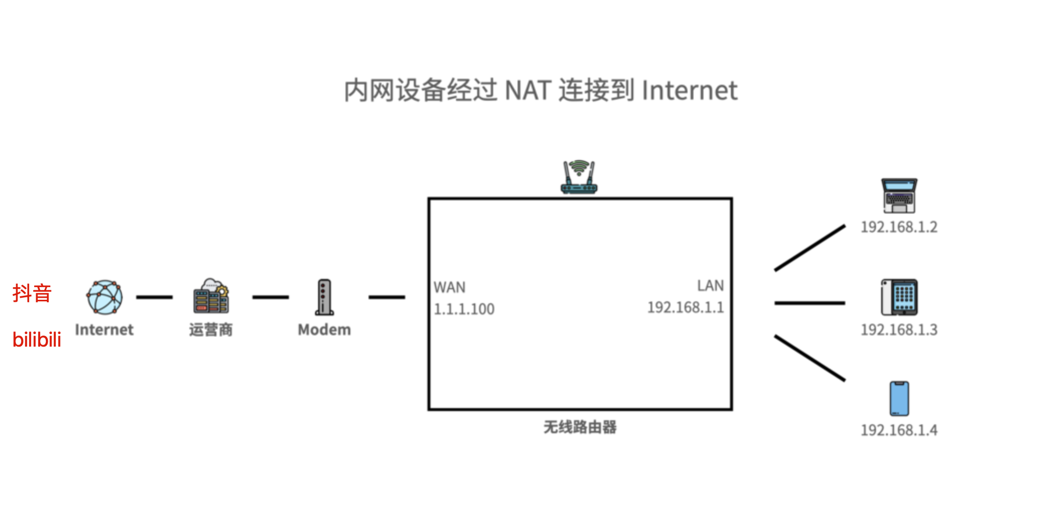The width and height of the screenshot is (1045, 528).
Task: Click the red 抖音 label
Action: [x=32, y=293]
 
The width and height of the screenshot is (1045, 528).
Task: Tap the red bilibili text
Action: [x=37, y=340]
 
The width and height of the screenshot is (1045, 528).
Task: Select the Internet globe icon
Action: [x=104, y=297]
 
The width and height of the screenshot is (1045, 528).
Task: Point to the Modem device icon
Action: [x=324, y=297]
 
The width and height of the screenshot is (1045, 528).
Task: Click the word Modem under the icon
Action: [x=324, y=329]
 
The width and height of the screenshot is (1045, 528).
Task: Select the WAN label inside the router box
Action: [x=450, y=287]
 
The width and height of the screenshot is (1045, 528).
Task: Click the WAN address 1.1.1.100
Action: [x=464, y=309]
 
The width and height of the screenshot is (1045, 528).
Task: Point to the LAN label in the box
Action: [x=710, y=286]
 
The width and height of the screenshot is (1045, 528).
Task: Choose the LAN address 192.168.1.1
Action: [x=685, y=307]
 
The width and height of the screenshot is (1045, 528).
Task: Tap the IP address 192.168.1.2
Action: [x=899, y=227]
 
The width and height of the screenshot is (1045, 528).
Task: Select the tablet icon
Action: [x=899, y=297]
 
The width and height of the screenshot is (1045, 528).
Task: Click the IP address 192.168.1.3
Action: [x=899, y=330]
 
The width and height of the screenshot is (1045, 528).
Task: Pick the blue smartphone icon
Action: [x=899, y=399]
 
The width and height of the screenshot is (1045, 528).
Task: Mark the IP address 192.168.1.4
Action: [x=899, y=430]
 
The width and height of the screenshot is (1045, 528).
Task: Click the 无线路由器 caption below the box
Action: [x=580, y=427]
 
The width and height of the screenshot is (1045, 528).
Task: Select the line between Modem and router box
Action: [x=387, y=297]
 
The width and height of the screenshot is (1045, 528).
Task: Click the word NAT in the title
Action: [x=527, y=91]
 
